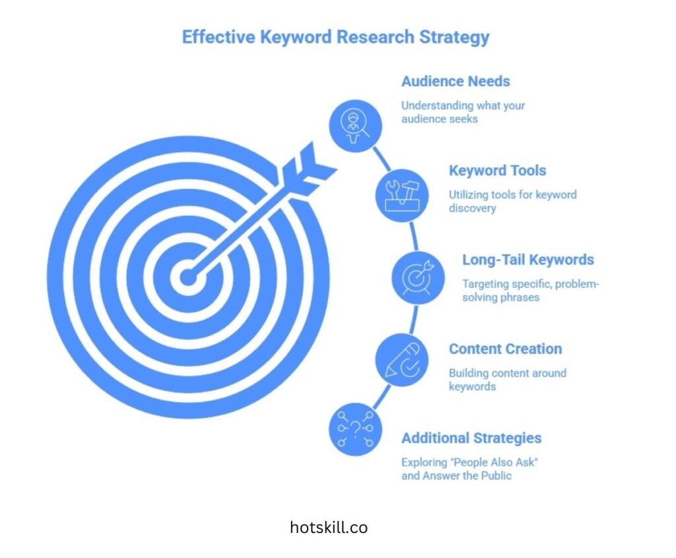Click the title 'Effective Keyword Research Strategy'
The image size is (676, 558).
pos(335,36)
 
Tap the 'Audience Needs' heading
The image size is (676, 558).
pos(456,81)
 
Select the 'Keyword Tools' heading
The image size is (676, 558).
pos(497,170)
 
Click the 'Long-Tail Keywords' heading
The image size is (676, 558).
pos(527,260)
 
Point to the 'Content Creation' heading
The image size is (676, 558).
pos(505,349)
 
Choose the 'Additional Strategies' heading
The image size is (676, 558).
pos(471,438)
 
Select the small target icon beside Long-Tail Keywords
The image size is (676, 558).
pos(418,277)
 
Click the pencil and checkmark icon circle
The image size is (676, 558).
pos(401,361)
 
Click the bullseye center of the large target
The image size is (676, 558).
pos(187,277)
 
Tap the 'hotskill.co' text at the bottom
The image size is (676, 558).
pos(329,528)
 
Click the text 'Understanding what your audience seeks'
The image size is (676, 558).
pos(463,112)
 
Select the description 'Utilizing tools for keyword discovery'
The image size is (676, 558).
pos(512,201)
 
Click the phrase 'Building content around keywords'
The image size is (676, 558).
pos(507,379)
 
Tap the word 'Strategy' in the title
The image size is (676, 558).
pos(459,36)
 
